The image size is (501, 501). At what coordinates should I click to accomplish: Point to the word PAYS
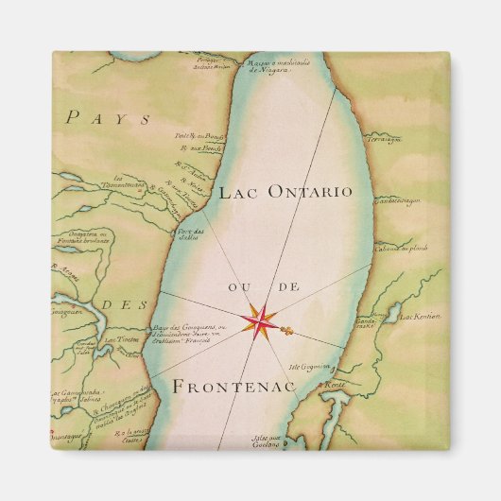click(x=95, y=119)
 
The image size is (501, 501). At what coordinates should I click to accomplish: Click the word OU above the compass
click(x=236, y=285)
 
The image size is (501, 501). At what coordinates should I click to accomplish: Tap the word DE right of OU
click(x=282, y=285)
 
